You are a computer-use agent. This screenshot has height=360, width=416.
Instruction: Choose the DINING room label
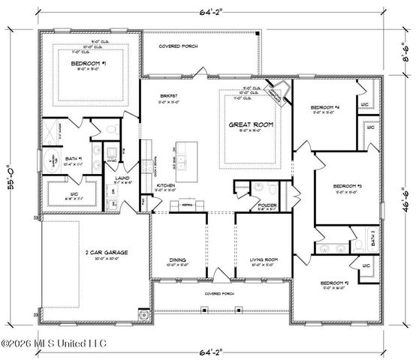coord(178,260)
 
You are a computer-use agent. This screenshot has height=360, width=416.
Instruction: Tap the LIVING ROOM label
coord(264,259)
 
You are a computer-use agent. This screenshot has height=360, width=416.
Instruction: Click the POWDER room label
coord(268,204)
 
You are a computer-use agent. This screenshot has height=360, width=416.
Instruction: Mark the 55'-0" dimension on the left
coord(11,180)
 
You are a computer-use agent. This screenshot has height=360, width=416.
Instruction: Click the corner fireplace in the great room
coord(279,91)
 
